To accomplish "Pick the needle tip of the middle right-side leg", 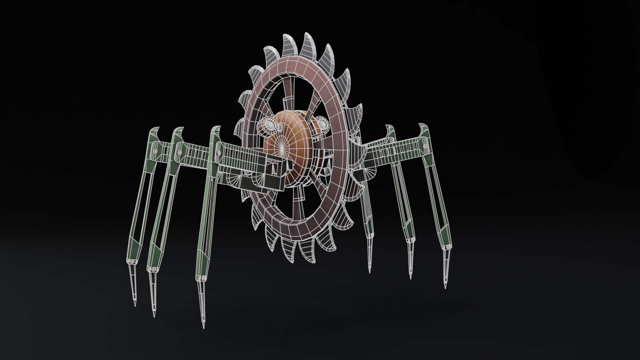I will point(411,278).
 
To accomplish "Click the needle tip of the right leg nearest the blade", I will point(369,272).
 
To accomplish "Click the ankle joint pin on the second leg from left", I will point(153,269).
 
